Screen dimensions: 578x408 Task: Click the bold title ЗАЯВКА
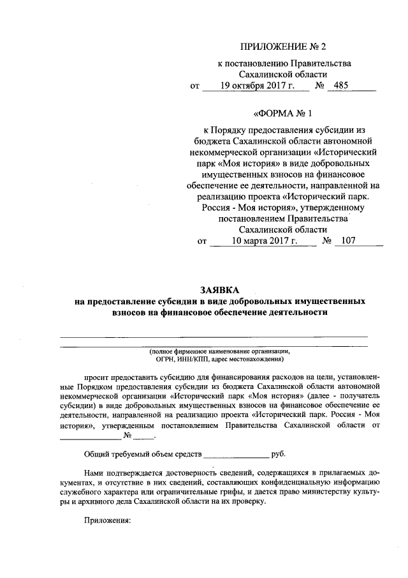(x=219, y=289)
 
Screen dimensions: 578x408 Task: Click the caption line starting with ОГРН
(x=219, y=359)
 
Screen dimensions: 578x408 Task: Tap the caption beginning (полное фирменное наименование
(x=219, y=351)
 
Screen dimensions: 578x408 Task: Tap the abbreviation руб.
(x=279, y=454)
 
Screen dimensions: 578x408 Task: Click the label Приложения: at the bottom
(x=107, y=521)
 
